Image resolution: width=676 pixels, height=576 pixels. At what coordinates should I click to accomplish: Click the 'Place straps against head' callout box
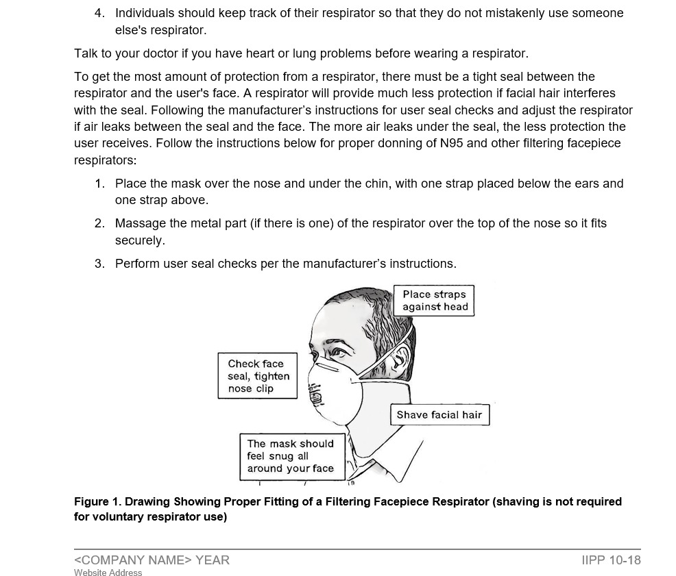(433, 301)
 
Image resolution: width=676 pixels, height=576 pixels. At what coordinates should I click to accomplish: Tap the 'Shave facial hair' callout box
(439, 415)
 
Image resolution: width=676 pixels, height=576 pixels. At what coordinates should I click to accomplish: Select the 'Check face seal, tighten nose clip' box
(258, 376)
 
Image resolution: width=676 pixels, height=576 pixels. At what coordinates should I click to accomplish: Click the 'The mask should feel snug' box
(290, 456)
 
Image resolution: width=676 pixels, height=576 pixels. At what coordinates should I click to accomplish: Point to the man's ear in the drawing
(396, 355)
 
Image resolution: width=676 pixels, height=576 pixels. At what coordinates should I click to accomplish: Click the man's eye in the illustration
(338, 353)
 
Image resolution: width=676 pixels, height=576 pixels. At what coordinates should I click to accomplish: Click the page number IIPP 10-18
(610, 560)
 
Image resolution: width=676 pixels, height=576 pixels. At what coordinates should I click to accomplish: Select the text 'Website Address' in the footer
(108, 573)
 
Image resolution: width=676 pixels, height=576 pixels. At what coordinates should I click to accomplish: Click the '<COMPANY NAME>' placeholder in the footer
(133, 560)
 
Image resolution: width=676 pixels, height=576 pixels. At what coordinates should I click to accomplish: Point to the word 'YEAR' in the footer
(213, 560)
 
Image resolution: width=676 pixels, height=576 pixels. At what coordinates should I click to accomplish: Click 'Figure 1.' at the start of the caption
(97, 501)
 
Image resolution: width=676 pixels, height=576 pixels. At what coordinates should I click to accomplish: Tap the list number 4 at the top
(99, 13)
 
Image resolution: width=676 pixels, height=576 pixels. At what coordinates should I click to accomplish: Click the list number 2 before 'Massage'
(99, 223)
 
